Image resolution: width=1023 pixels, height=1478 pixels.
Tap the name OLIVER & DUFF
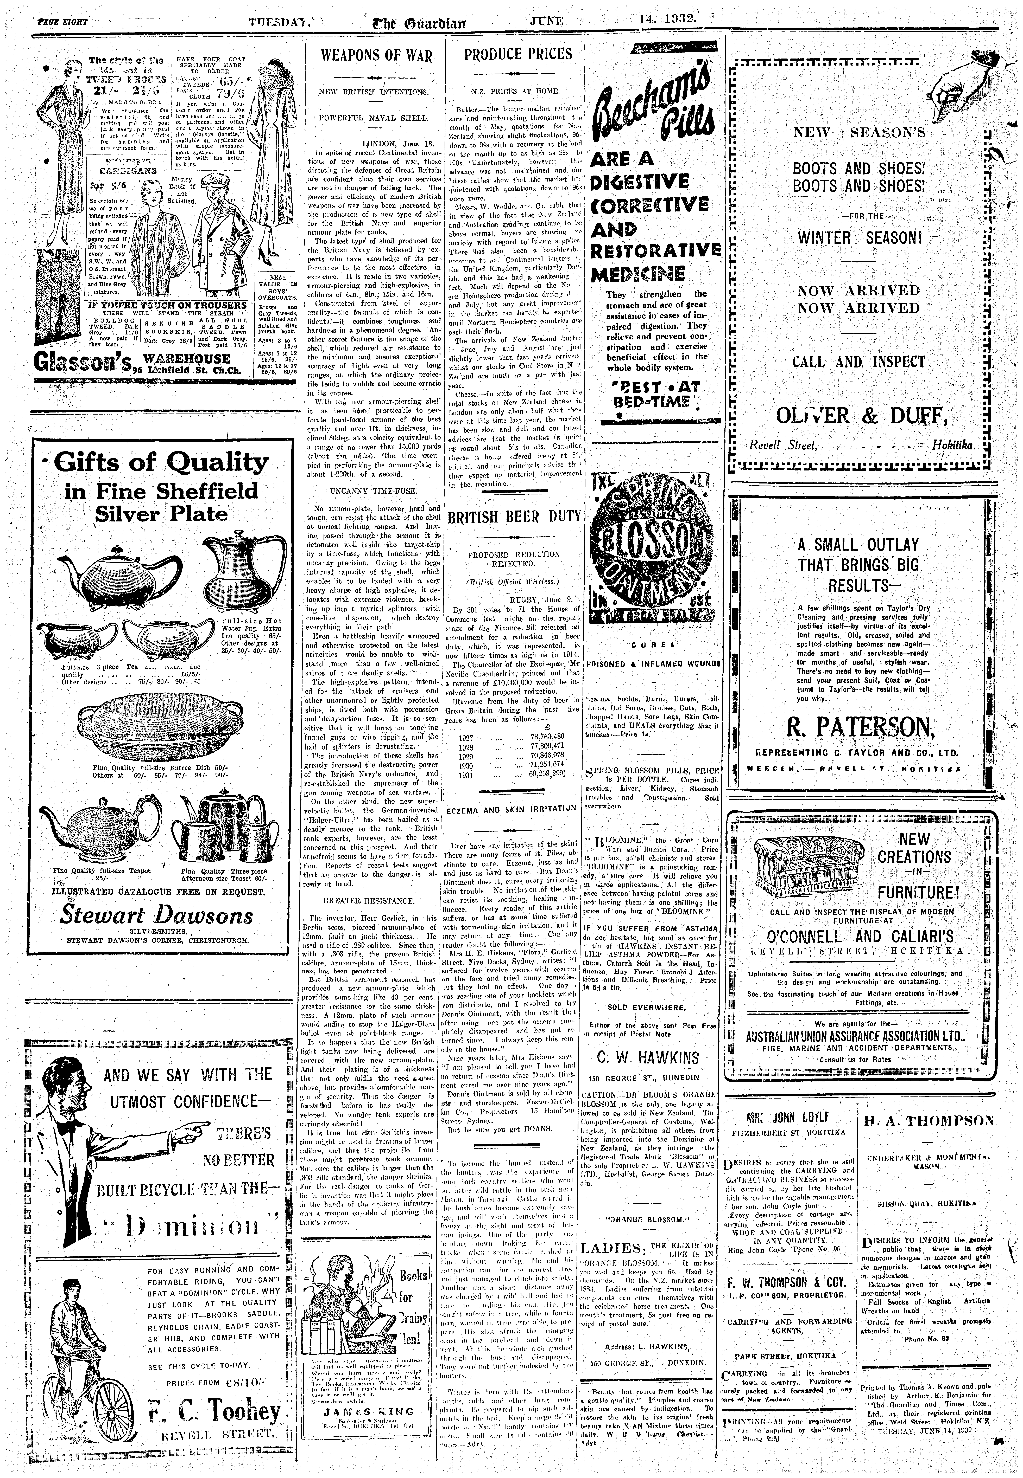(860, 416)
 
